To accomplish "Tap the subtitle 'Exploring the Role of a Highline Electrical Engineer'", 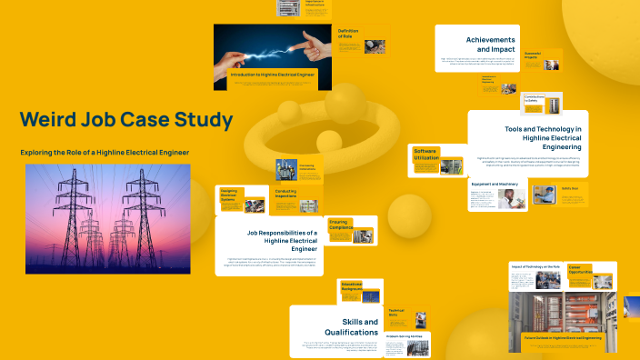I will pos(105,151).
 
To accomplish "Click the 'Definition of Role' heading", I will pos(352,34).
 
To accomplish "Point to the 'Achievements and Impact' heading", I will pos(491,45).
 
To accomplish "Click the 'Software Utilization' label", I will pos(426,155).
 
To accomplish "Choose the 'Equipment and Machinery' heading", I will pos(495,184).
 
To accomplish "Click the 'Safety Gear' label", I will pos(570,188).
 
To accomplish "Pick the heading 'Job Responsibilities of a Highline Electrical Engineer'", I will pos(282,239).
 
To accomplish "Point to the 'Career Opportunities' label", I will pos(581,269).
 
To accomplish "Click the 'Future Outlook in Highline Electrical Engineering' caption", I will pos(564,337).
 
